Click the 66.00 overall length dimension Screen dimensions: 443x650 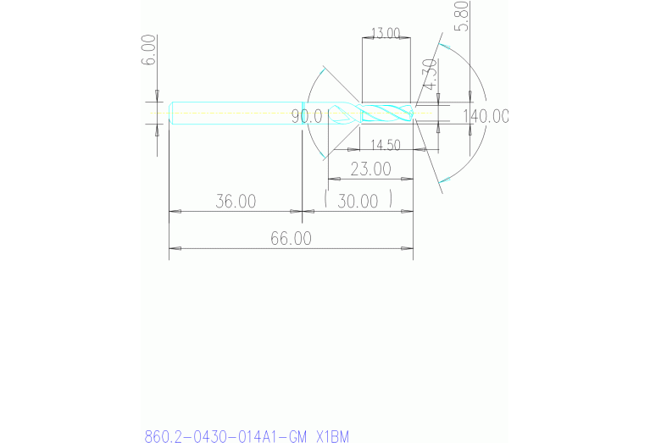click(291, 239)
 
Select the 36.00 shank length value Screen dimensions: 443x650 click(235, 202)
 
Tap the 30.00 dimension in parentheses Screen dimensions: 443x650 click(358, 202)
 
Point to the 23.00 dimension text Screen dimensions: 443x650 click(370, 169)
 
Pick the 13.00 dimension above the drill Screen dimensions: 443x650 click(386, 33)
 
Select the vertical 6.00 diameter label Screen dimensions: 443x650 click(148, 51)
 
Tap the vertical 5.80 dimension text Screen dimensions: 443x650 click(462, 16)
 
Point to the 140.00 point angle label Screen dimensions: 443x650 click(486, 117)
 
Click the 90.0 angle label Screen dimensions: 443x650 click(307, 117)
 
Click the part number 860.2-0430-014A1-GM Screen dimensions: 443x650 click(225, 437)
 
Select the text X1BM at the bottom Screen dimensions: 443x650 click(331, 437)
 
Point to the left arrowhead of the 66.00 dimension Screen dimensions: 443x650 click(175, 248)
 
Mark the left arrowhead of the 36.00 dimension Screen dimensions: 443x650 click(175, 211)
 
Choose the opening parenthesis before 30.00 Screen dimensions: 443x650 click(326, 201)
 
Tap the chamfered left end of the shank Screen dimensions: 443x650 click(172, 113)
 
